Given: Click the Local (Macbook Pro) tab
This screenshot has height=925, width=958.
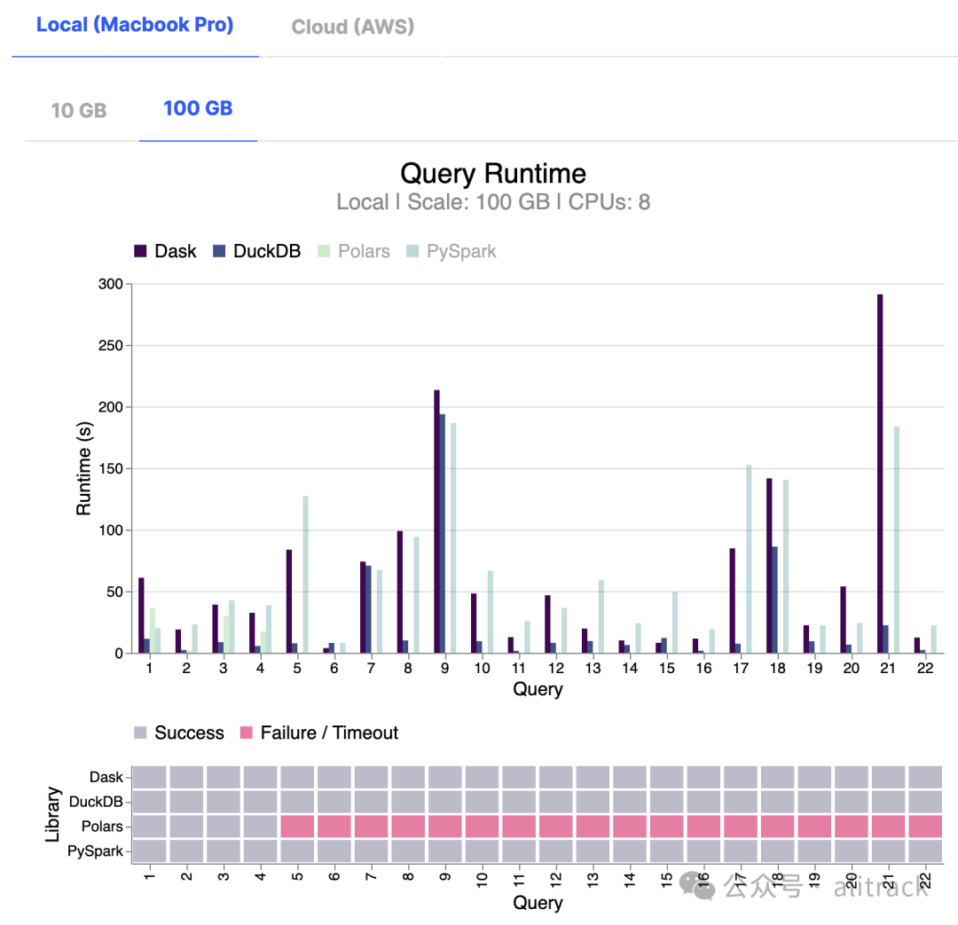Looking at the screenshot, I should pos(135,25).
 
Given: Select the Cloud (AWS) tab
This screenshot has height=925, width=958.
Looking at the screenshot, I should pos(353,27).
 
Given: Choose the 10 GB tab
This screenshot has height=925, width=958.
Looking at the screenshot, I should pos(79,111).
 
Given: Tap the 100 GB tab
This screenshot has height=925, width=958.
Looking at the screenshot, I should pos(198,108).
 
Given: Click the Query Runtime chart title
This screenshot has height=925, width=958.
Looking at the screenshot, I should pos(493,173).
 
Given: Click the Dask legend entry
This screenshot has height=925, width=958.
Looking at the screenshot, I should pos(166,251).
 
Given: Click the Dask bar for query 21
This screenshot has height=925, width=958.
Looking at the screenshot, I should pos(880,474).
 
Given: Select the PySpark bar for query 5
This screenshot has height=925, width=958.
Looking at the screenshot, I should pos(306,575).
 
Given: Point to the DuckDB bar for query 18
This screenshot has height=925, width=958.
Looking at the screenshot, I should pos(774,600).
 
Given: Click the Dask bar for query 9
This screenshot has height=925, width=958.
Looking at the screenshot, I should pos(436,521).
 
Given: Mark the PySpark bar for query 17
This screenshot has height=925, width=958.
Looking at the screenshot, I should pos(749,559).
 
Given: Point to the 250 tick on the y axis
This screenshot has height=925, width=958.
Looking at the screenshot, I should pos(111,346).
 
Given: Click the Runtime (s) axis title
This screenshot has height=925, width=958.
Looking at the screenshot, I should pos(84,468).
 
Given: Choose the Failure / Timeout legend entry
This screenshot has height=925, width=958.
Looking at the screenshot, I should pos(319,733).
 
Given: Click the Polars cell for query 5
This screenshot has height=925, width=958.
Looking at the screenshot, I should pos(298,827).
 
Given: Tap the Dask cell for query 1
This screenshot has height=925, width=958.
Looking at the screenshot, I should pos(149,777).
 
